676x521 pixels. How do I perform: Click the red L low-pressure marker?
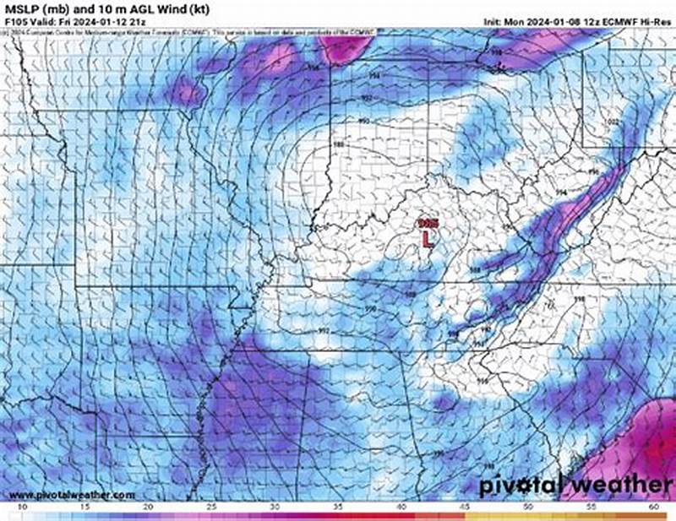428,238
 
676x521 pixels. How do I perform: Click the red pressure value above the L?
428,222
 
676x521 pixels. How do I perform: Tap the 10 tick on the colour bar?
19,507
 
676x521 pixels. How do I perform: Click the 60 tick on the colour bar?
653,507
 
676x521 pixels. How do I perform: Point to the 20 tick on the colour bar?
149,507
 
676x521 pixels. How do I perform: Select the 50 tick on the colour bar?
528,507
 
